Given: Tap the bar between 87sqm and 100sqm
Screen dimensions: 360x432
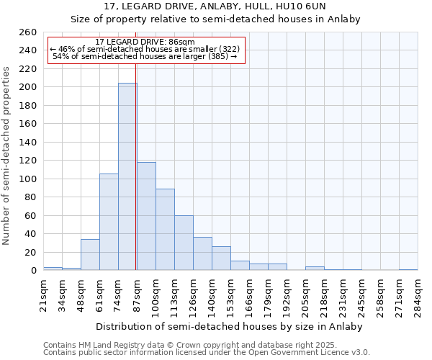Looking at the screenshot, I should (146, 216).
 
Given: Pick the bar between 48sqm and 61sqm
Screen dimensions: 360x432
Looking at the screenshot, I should (90, 255).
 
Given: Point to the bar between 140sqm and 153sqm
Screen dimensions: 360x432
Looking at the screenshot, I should (221, 258).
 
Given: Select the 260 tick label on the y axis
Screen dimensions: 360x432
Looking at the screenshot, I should (27, 32).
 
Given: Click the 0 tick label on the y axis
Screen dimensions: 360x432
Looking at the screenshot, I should (33, 271).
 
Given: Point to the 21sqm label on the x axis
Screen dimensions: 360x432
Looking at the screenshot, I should (44, 294).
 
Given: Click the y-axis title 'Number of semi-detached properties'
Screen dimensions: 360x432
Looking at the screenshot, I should (7, 155).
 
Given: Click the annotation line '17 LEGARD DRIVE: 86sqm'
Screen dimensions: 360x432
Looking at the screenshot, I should (145, 42).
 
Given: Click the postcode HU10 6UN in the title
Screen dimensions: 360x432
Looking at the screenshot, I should (302, 6).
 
